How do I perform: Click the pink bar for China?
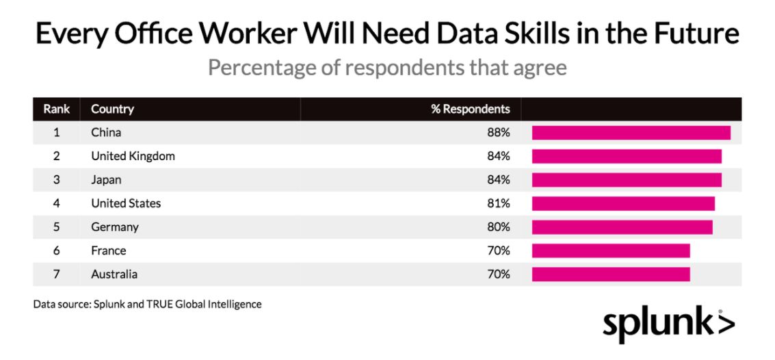631,133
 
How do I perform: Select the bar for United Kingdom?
627,156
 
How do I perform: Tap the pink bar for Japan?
627,180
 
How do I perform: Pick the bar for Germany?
622,227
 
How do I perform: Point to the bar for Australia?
611,274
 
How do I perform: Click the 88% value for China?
498,133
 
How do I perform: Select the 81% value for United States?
498,203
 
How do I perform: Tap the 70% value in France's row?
498,250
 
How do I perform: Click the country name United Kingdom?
133,157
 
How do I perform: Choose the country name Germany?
115,227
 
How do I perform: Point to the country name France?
108,250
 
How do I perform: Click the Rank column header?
57,110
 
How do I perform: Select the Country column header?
112,110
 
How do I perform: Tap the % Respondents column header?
470,110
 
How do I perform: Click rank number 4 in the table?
57,203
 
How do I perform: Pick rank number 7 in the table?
57,274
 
